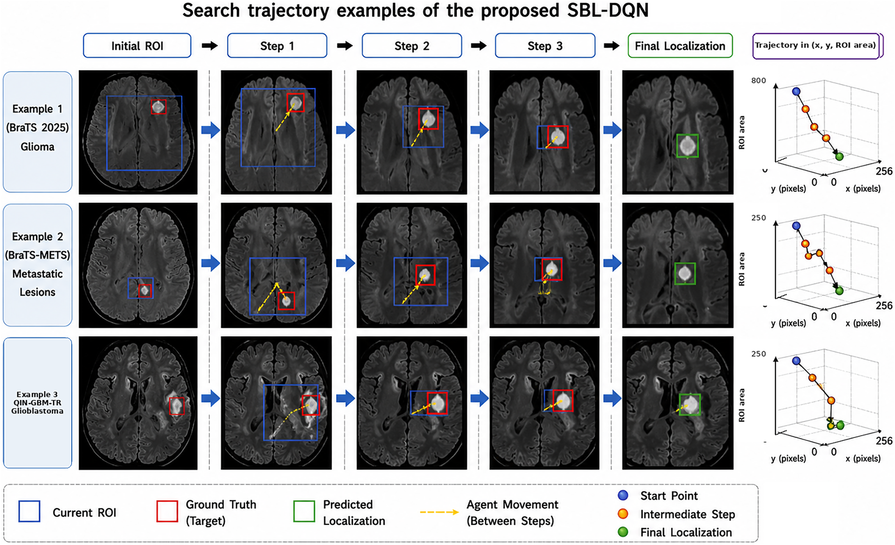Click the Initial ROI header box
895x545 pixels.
tap(137, 46)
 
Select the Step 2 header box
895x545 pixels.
tap(412, 46)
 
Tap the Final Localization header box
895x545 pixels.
tap(680, 46)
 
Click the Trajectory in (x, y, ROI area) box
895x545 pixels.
tap(816, 46)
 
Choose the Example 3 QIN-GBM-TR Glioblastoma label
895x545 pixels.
tap(38, 403)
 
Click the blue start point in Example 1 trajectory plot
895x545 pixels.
tap(796, 91)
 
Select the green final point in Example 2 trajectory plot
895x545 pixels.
tap(839, 291)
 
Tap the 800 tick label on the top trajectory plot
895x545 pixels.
tap(758, 81)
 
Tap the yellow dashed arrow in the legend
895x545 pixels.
tap(439, 512)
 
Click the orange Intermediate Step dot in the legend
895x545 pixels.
tap(623, 514)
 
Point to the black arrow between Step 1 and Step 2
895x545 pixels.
tap(345, 46)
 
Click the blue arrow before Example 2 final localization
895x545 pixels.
tap(612, 263)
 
